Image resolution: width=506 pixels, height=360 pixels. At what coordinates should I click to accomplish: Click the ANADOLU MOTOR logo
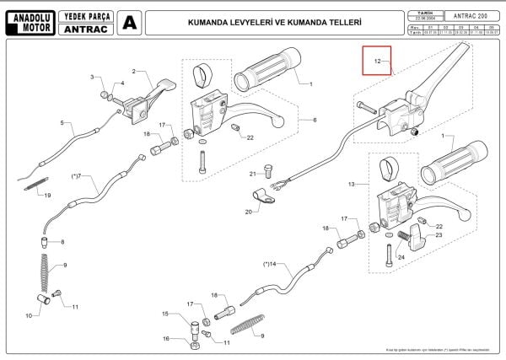coord(31,21)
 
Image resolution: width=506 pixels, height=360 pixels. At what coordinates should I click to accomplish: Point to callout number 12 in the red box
coord(378,62)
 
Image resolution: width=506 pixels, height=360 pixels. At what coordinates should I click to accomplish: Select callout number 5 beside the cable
coord(62,123)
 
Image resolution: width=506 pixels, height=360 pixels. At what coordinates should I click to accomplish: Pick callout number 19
coord(47,196)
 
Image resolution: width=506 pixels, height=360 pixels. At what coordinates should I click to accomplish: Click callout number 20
coord(249,212)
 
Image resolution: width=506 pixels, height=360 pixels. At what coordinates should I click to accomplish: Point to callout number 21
coord(252,174)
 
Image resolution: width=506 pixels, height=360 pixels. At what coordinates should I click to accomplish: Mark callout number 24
coord(401,258)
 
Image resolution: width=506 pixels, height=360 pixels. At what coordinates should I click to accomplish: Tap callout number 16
coord(166,338)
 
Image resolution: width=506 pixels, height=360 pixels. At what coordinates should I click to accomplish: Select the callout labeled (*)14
coord(269,264)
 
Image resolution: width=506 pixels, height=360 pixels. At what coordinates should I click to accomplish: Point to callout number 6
coord(315,121)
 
